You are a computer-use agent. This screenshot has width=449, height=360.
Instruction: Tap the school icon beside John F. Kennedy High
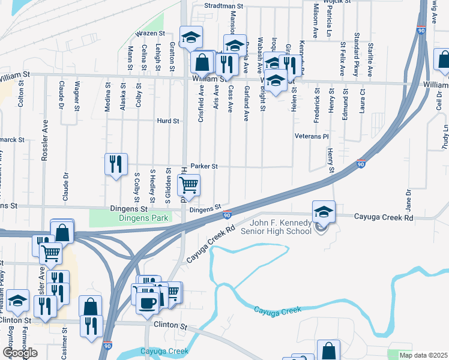(x=324, y=212)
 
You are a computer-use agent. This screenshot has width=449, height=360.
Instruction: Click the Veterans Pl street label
(x=312, y=136)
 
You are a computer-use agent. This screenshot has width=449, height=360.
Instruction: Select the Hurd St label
(x=168, y=121)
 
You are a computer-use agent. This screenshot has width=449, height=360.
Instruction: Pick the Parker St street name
(x=204, y=166)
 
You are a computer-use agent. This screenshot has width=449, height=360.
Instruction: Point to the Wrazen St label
(x=150, y=34)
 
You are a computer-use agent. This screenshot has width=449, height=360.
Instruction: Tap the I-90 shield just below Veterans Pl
(x=360, y=164)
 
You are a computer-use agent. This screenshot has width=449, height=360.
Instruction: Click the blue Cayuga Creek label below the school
(x=277, y=310)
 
